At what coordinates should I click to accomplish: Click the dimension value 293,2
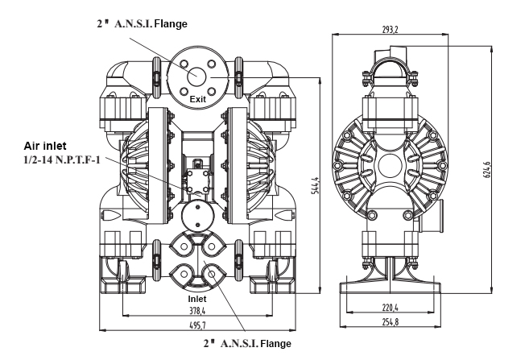(390, 30)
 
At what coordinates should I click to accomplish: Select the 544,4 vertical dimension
(315, 185)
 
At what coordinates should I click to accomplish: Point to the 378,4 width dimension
(197, 310)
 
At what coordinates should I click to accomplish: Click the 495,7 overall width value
(197, 325)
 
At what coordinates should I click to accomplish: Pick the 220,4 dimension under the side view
(390, 308)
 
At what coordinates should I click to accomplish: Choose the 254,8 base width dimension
(390, 322)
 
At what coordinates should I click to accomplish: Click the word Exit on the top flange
(198, 99)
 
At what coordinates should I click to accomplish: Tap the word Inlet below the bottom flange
(197, 299)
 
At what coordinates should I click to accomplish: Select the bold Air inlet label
(45, 146)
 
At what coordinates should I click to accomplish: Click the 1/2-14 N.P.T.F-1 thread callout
(62, 159)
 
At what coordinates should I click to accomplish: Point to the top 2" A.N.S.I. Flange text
(142, 24)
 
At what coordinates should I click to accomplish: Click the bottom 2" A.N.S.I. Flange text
(247, 343)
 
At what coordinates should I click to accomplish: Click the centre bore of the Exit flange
(197, 77)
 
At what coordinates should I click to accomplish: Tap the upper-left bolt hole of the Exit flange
(184, 64)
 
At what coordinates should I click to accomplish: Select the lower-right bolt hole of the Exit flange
(211, 91)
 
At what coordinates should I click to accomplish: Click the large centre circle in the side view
(391, 165)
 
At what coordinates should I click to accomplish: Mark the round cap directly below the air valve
(198, 216)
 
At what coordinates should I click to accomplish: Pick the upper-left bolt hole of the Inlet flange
(184, 246)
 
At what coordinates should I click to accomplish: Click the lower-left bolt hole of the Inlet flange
(184, 274)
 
